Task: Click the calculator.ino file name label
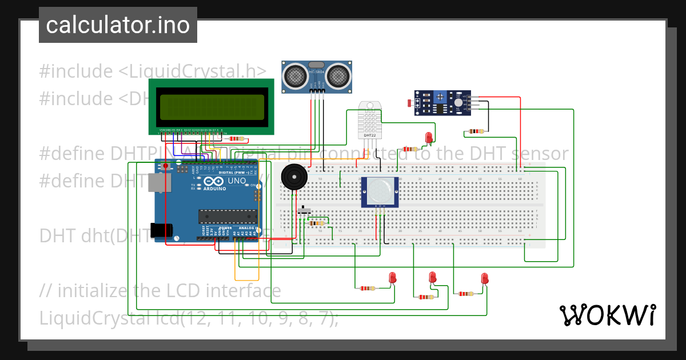point(118,26)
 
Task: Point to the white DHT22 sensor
point(368,120)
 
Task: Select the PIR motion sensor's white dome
point(379,191)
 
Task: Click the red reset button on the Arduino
point(165,166)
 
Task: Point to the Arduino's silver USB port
point(158,182)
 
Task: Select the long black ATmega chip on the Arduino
point(227,215)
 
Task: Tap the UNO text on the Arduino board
point(237,181)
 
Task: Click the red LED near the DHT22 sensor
point(429,137)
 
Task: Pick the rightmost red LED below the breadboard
point(485,278)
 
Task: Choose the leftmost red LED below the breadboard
point(393,278)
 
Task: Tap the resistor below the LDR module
point(475,131)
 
